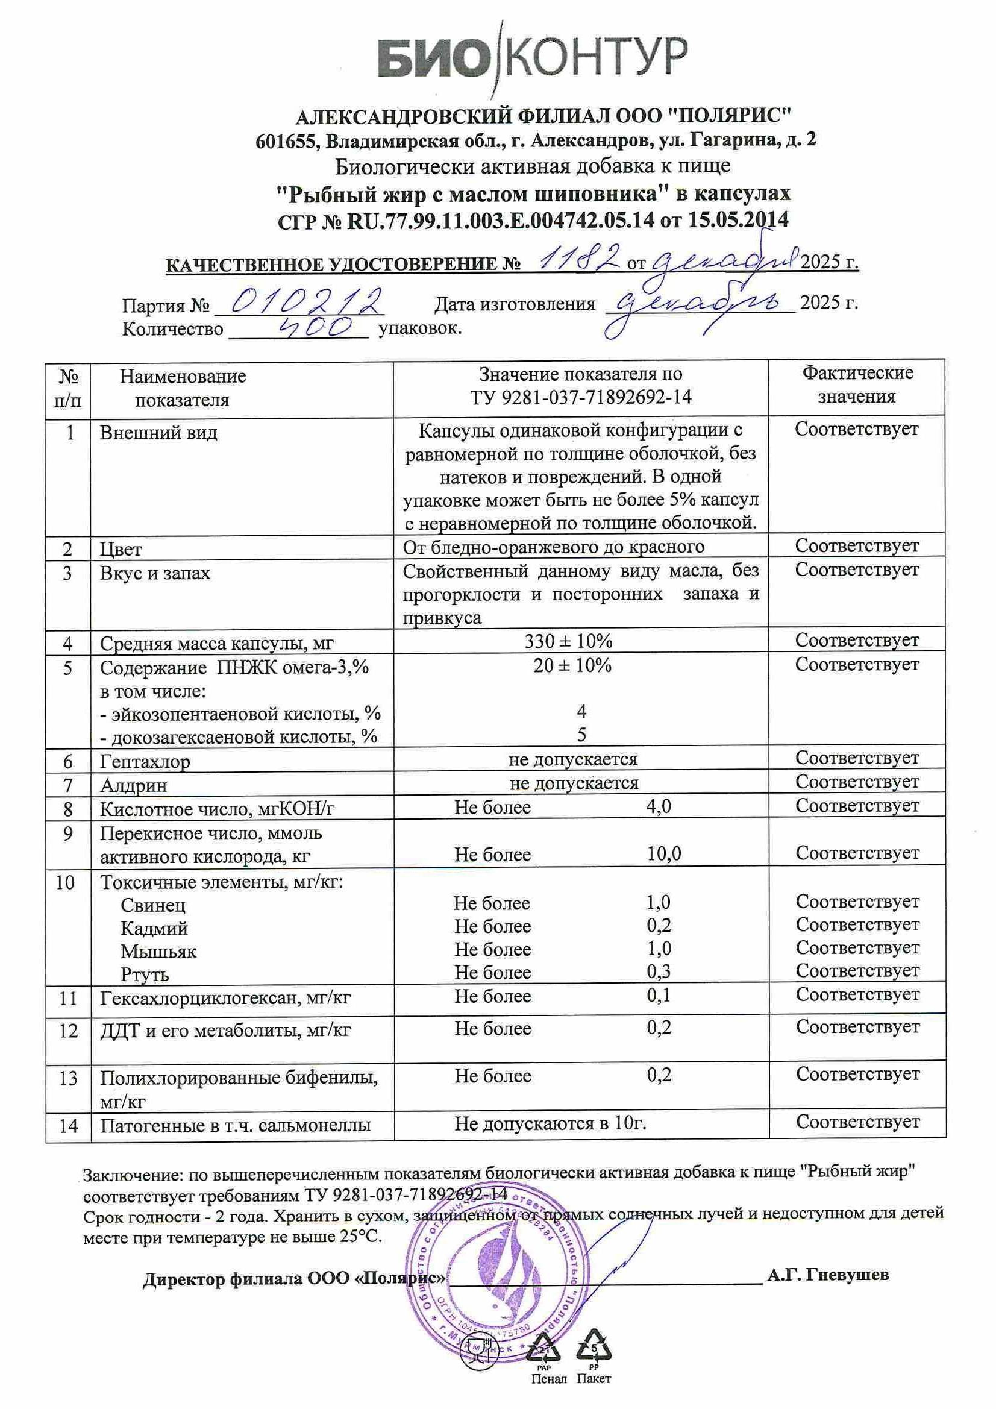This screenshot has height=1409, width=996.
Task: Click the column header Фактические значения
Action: (857, 385)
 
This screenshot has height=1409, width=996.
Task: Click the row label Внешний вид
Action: (158, 433)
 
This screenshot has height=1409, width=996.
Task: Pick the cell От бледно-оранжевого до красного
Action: (553, 546)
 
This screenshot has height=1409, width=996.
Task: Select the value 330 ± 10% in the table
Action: (568, 641)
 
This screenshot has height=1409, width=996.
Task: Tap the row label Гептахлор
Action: (145, 762)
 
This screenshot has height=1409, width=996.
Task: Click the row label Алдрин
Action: (133, 785)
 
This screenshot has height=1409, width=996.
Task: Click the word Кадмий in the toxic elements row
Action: (154, 928)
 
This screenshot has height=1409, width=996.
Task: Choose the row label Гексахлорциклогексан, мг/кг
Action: (225, 999)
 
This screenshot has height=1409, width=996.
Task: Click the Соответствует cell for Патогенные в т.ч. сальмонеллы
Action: (857, 1122)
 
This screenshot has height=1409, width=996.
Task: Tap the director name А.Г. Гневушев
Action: (827, 1275)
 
